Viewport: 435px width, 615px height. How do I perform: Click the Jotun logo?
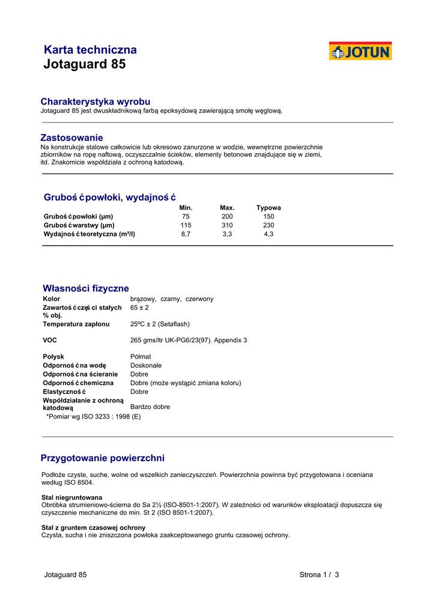click(360, 51)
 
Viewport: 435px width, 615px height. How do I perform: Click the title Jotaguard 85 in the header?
click(85, 64)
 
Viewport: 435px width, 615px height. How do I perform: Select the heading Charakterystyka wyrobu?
click(95, 101)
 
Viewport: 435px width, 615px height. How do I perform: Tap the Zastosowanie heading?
click(71, 138)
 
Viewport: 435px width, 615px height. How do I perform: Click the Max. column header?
click(227, 208)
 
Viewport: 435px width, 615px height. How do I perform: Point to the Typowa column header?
click(269, 208)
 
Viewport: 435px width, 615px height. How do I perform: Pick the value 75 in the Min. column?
click(186, 216)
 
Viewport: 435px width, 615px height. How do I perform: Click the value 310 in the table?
click(227, 225)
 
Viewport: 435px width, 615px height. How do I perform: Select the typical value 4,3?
click(269, 234)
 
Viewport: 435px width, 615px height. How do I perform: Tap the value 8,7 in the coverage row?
click(186, 234)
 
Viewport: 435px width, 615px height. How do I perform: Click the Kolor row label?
click(52, 298)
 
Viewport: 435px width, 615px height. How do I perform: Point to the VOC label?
click(50, 340)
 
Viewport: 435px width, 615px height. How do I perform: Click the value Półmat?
click(141, 356)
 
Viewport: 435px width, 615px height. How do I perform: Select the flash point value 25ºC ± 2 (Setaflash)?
click(160, 324)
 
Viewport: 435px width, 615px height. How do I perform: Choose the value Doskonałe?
click(146, 365)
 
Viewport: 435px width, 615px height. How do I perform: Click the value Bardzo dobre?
click(150, 407)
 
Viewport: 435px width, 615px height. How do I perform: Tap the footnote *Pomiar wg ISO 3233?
click(94, 416)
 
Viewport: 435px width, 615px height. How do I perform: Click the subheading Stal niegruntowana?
click(71, 497)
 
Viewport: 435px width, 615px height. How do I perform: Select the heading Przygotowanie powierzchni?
click(102, 458)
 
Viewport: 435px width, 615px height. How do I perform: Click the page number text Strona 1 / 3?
click(319, 575)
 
